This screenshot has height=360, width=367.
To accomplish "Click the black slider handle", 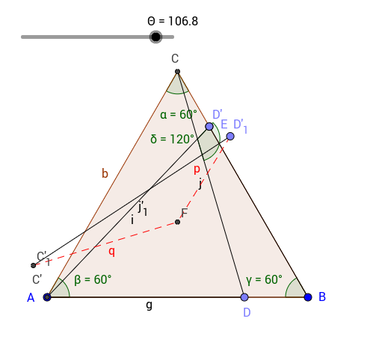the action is [x=155, y=37].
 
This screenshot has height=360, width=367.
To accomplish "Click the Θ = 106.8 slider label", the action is [x=173, y=21].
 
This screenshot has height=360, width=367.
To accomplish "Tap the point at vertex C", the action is [x=177, y=72].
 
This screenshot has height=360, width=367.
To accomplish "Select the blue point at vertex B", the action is [x=308, y=297].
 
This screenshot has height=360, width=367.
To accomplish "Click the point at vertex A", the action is [x=47, y=297].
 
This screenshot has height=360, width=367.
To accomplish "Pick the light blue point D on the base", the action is [x=244, y=297].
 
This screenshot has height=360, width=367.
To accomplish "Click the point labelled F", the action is [x=177, y=222].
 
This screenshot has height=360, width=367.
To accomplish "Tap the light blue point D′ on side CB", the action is [x=209, y=126].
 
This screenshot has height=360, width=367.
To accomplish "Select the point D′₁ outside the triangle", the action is [x=230, y=136].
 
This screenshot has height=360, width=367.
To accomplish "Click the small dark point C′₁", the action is [x=34, y=265].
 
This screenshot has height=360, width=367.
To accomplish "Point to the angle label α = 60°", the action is [x=179, y=115].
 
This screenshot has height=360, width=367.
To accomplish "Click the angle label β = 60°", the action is [x=93, y=280].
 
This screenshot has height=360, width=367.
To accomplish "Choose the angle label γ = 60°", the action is [x=265, y=280].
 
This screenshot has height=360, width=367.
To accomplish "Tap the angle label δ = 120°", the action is [x=172, y=139].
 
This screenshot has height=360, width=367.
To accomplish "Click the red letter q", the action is [x=112, y=252].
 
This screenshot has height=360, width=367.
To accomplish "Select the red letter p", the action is [x=197, y=170].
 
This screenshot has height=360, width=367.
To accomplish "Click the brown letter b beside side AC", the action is [x=105, y=173].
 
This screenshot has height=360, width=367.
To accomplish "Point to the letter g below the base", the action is [x=149, y=305].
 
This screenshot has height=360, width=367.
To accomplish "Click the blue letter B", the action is [x=322, y=297].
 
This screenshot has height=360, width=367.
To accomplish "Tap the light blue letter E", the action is [x=224, y=124].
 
